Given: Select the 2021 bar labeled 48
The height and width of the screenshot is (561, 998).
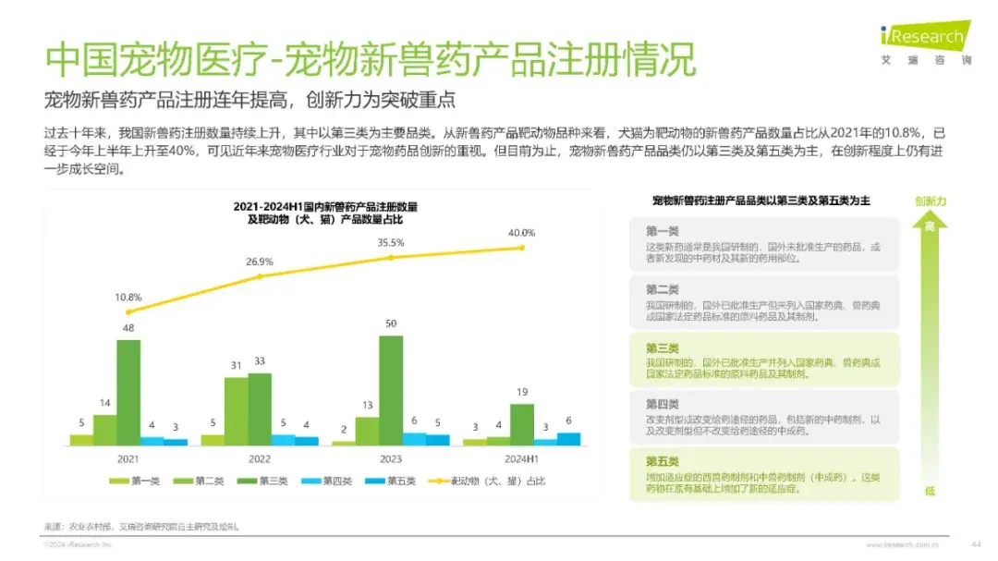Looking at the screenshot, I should pyautogui.click(x=128, y=393).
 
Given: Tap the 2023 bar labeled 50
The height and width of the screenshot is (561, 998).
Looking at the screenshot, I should pyautogui.click(x=391, y=390).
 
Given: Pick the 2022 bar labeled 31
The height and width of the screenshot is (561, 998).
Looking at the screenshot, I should pyautogui.click(x=237, y=411).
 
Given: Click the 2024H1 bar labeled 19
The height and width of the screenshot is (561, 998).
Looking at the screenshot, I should pyautogui.click(x=522, y=424).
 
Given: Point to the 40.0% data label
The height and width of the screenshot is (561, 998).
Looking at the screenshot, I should pyautogui.click(x=521, y=232).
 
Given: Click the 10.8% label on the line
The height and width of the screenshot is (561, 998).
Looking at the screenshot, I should pyautogui.click(x=128, y=297).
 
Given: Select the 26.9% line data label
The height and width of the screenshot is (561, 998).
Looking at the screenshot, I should pyautogui.click(x=260, y=262).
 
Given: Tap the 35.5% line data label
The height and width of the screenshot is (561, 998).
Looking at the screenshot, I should pyautogui.click(x=391, y=242).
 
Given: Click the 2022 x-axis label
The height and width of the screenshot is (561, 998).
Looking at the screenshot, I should pyautogui.click(x=260, y=458).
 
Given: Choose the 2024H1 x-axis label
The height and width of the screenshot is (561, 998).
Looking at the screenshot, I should pyautogui.click(x=522, y=458).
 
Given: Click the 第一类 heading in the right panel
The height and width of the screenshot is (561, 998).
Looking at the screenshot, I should pyautogui.click(x=662, y=231).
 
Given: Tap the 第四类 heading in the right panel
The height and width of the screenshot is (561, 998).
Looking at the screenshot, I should pyautogui.click(x=662, y=404).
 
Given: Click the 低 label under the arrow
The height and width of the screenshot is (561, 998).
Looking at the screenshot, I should pyautogui.click(x=930, y=492).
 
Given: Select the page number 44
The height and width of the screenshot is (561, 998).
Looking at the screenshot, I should pyautogui.click(x=975, y=543).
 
